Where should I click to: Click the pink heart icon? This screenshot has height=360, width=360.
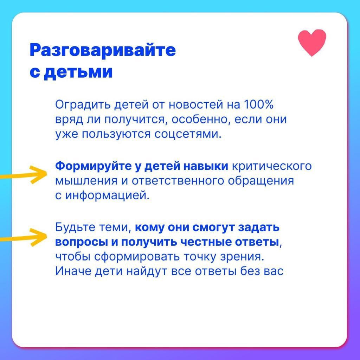pyautogui.click(x=312, y=43)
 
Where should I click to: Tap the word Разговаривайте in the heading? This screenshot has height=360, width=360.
pyautogui.click(x=103, y=50)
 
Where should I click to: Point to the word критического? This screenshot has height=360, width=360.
pyautogui.click(x=272, y=166)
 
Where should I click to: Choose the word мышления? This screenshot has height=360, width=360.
pyautogui.click(x=86, y=181)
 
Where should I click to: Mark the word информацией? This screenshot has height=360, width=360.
pyautogui.click(x=108, y=196)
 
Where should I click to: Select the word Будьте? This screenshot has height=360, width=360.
pyautogui.click(x=75, y=227)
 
